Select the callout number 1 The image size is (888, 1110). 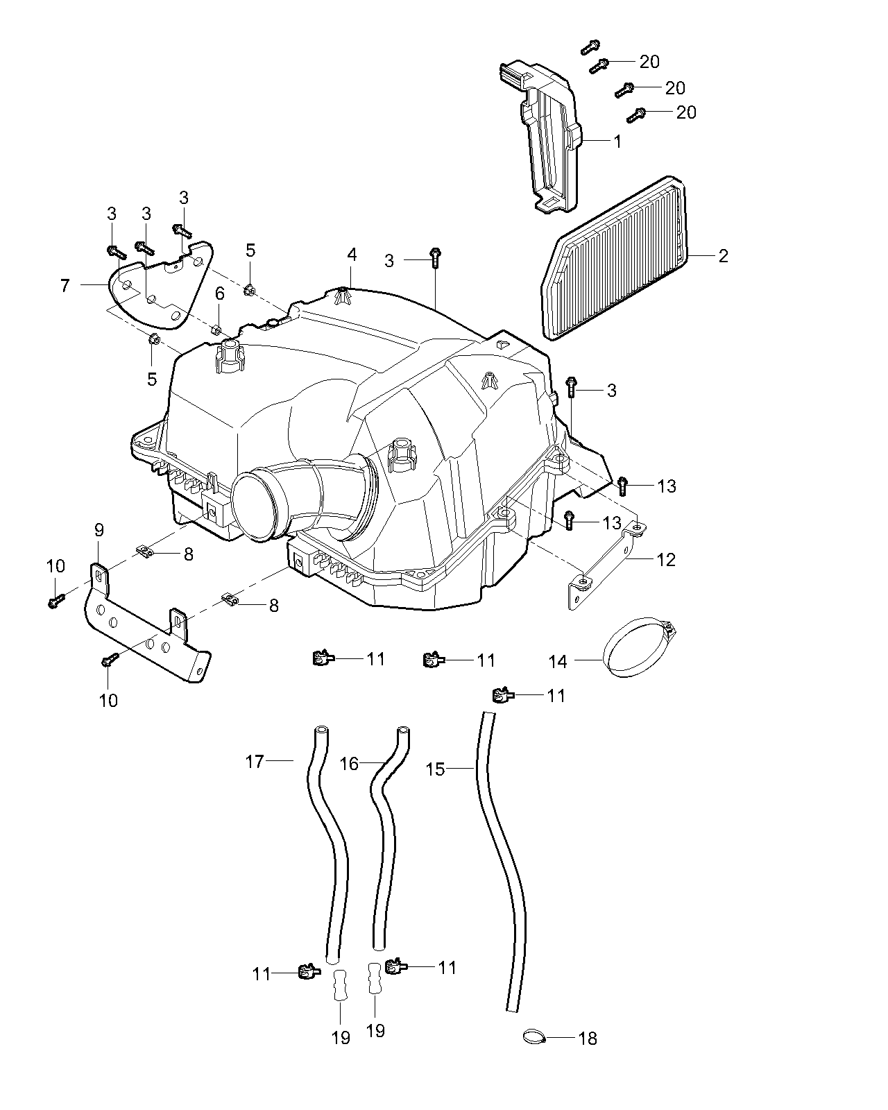(617, 141)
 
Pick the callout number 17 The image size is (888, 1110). (255, 762)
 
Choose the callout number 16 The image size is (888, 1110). (349, 764)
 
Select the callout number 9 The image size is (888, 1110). (99, 531)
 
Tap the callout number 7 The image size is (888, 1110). (65, 285)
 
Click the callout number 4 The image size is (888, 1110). (352, 255)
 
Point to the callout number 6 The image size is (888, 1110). (219, 294)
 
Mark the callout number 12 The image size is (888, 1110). (665, 559)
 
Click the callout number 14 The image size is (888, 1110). (558, 662)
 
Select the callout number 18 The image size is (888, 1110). (587, 1039)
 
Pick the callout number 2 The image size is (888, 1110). (723, 256)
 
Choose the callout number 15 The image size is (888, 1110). (435, 769)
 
